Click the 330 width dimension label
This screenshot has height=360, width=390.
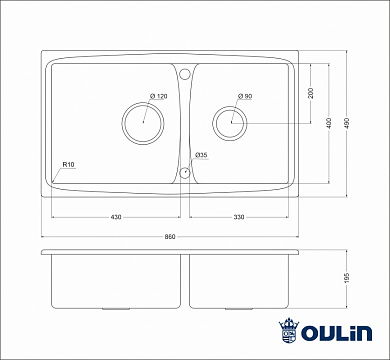[241, 218]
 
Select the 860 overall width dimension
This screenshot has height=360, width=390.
[170, 235]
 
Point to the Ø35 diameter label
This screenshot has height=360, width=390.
[201, 155]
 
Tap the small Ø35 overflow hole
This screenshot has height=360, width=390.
[185, 172]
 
